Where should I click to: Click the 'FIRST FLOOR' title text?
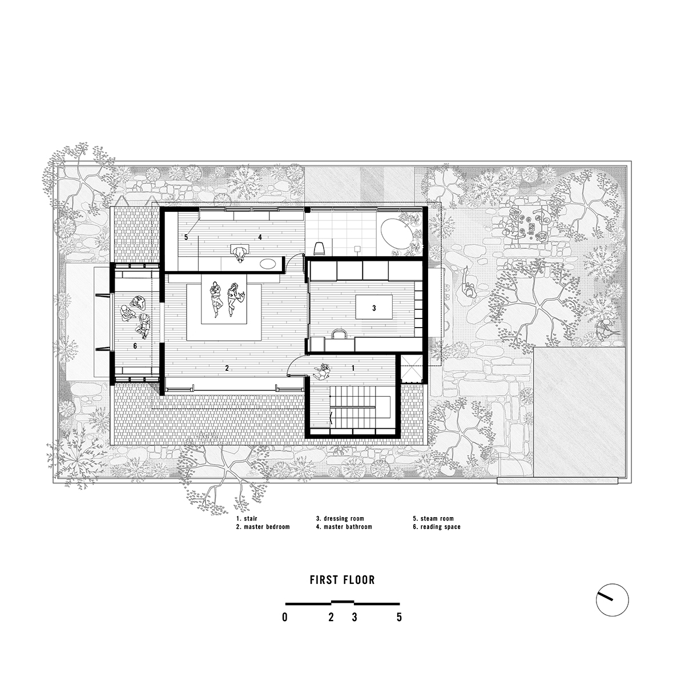(x=342, y=580)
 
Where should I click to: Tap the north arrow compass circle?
(x=612, y=600)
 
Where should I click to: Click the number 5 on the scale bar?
(x=399, y=617)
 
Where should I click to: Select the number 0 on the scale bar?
(x=284, y=617)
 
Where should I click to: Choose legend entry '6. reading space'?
(x=437, y=527)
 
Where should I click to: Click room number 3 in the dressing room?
(x=374, y=308)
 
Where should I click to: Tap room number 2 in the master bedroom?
(x=227, y=368)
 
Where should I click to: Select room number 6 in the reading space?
(x=135, y=346)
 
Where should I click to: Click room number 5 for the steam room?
(x=186, y=236)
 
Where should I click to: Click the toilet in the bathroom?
(x=320, y=247)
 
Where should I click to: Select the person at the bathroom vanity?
(x=240, y=252)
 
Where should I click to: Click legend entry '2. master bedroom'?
(x=263, y=527)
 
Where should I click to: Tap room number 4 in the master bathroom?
(x=260, y=236)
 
